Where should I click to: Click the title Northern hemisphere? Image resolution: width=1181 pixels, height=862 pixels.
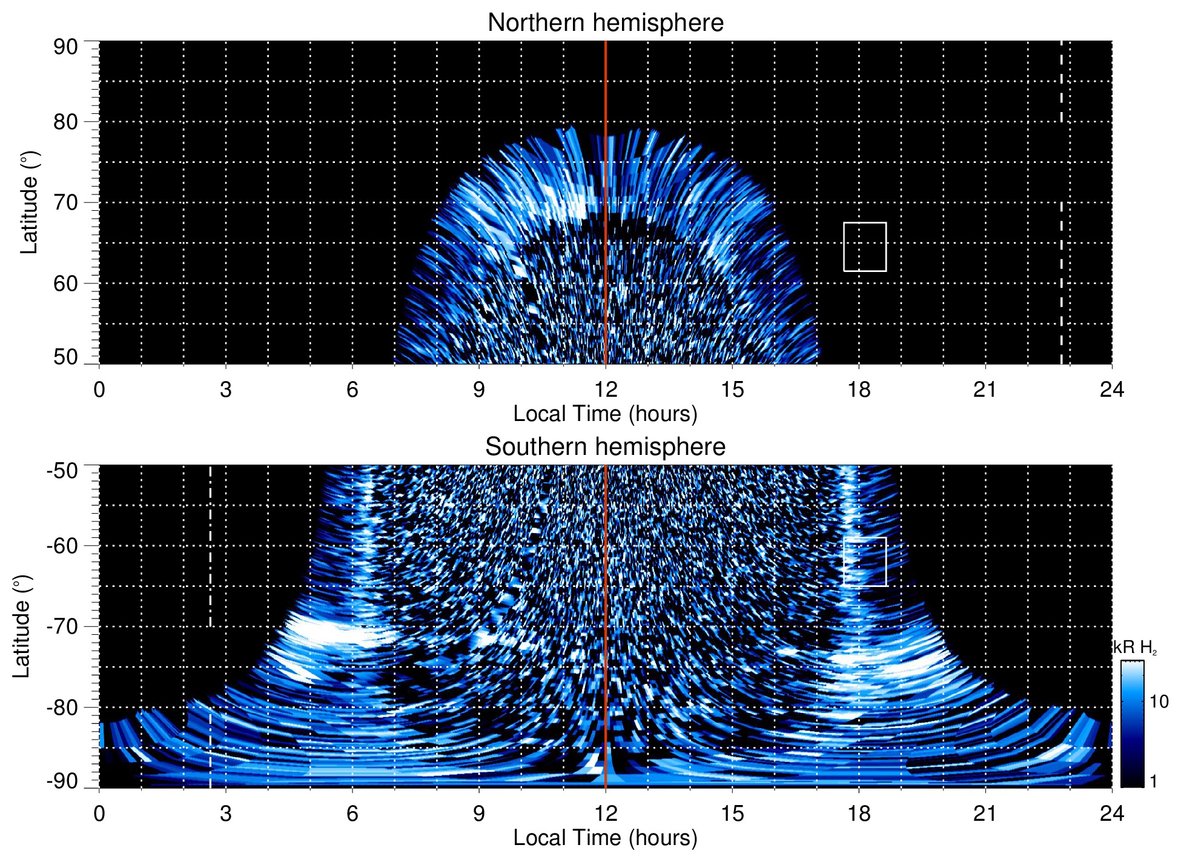pyautogui.click(x=605, y=23)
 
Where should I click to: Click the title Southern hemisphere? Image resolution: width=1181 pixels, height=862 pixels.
pyautogui.click(x=605, y=447)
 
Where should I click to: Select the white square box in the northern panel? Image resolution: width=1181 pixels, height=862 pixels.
pyautogui.click(x=865, y=247)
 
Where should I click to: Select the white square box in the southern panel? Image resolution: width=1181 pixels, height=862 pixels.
pyautogui.click(x=865, y=562)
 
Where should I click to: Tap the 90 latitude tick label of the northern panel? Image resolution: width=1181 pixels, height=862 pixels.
pyautogui.click(x=65, y=47)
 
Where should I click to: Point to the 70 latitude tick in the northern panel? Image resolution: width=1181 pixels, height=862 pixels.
pyautogui.click(x=65, y=202)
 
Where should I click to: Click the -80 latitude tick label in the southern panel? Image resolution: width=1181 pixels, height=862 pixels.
pyautogui.click(x=62, y=707)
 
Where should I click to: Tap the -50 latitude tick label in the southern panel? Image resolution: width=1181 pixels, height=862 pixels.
pyautogui.click(x=62, y=471)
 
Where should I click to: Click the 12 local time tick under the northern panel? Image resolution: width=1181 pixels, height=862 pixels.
pyautogui.click(x=605, y=390)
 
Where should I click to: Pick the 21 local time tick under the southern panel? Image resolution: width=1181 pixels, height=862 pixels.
pyautogui.click(x=985, y=814)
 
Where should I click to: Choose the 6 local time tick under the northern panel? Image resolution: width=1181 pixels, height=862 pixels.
pyautogui.click(x=352, y=390)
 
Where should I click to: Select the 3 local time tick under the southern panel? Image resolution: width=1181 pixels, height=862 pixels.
pyautogui.click(x=226, y=814)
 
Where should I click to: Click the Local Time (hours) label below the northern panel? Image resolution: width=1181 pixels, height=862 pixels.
pyautogui.click(x=605, y=414)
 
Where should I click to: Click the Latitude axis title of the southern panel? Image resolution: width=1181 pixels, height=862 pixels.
pyautogui.click(x=22, y=626)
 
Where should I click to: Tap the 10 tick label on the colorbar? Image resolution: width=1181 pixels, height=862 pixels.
pyautogui.click(x=1159, y=702)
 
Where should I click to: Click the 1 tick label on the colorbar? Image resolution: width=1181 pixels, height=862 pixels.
pyautogui.click(x=1153, y=781)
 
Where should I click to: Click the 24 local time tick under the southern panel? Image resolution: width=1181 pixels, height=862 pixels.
pyautogui.click(x=1111, y=814)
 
